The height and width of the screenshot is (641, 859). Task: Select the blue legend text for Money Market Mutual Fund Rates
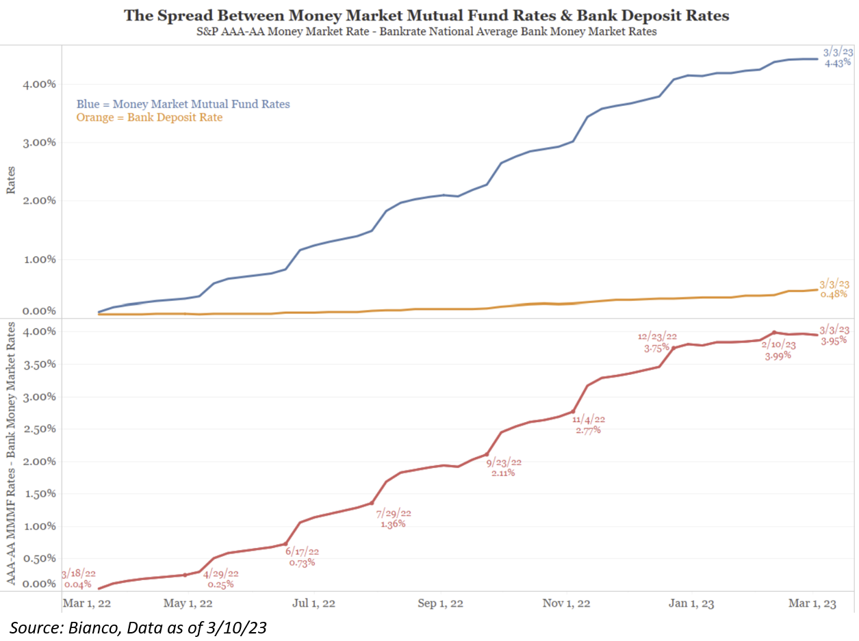point(183,104)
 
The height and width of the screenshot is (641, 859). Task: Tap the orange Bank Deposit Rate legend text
point(149,118)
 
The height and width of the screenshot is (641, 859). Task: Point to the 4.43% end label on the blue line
point(836,57)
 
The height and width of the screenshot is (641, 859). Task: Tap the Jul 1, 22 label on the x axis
point(314,603)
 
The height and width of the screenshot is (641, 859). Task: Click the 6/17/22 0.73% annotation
point(302,557)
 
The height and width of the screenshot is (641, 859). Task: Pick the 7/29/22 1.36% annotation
point(394,519)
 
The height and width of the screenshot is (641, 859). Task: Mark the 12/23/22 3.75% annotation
point(656,342)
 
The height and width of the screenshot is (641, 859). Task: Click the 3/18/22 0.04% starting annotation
point(79,579)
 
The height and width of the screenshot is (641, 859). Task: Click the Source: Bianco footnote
point(137,627)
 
